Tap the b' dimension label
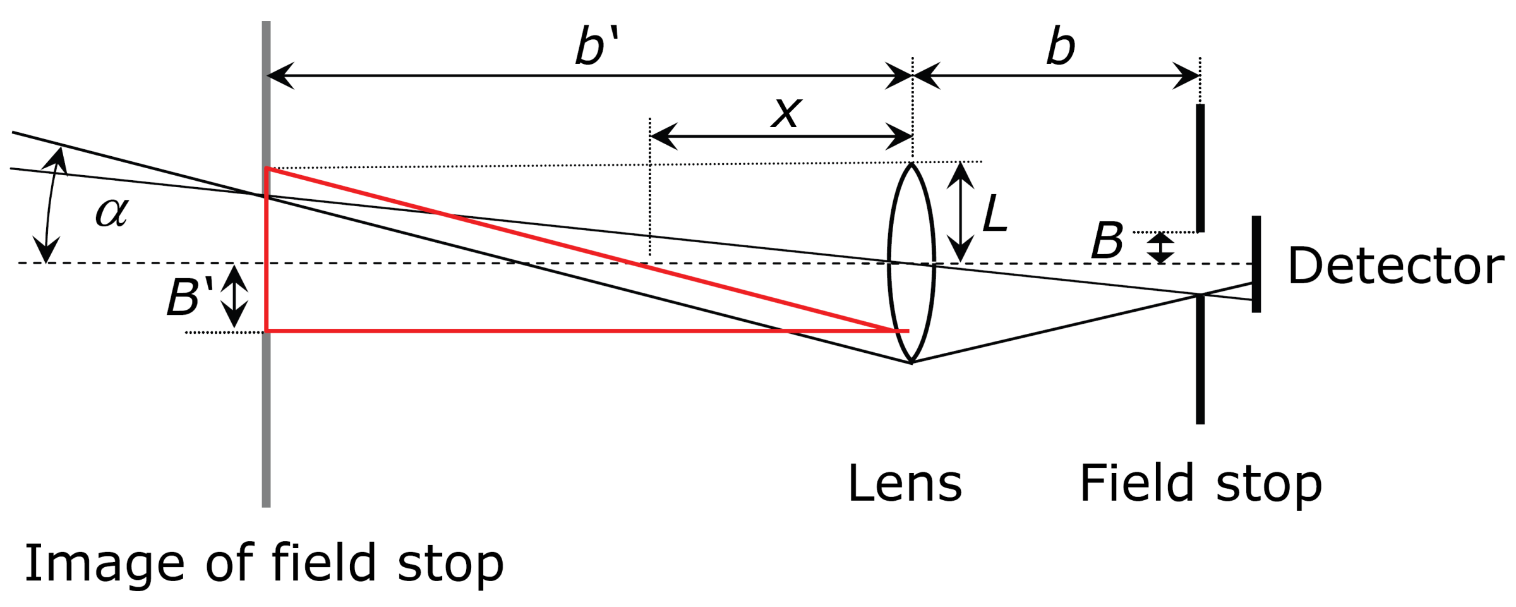point(596,46)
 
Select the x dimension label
point(786,113)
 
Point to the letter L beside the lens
point(994,213)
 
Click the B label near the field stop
point(1107,241)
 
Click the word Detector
point(1395,266)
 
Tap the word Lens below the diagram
point(904,484)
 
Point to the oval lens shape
point(911,262)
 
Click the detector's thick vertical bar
point(1256,264)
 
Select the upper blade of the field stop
point(1200,168)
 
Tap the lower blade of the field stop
point(1200,359)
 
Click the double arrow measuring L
point(960,212)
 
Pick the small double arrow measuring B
point(1161,248)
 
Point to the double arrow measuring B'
point(234,296)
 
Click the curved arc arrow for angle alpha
point(49,202)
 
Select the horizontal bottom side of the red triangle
point(568,331)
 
